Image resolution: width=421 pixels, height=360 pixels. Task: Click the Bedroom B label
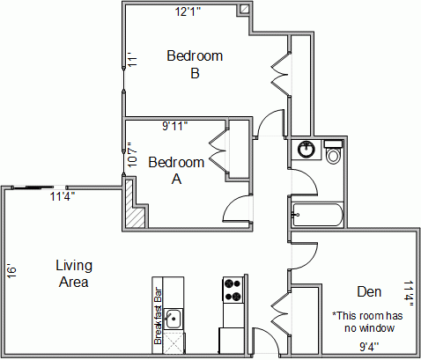[195, 64]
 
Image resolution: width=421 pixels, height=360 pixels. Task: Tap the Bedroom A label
[176, 171]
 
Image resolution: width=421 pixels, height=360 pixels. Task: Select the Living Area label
[74, 274]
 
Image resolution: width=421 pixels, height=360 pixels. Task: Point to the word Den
[369, 291]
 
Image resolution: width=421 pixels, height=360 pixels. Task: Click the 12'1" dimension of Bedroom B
[188, 11]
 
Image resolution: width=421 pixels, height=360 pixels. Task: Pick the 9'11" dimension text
[175, 126]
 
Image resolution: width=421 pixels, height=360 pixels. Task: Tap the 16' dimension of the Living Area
[11, 271]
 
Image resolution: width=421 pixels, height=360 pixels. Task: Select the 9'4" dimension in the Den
[369, 347]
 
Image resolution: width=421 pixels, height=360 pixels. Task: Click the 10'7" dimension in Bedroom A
[132, 155]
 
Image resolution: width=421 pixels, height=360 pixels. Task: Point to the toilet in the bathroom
[333, 151]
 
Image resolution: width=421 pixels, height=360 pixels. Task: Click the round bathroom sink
[306, 150]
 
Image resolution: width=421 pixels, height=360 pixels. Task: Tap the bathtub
[317, 215]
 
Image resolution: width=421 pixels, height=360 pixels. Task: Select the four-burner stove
[233, 290]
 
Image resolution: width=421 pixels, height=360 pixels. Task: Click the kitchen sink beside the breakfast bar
[174, 319]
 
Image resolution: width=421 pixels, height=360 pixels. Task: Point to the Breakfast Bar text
[158, 316]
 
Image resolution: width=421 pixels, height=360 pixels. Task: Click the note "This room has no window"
[367, 322]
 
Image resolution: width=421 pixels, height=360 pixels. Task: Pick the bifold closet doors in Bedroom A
[218, 152]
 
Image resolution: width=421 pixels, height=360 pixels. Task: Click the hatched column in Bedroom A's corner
[134, 204]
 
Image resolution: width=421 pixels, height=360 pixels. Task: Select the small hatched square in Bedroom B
[244, 10]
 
